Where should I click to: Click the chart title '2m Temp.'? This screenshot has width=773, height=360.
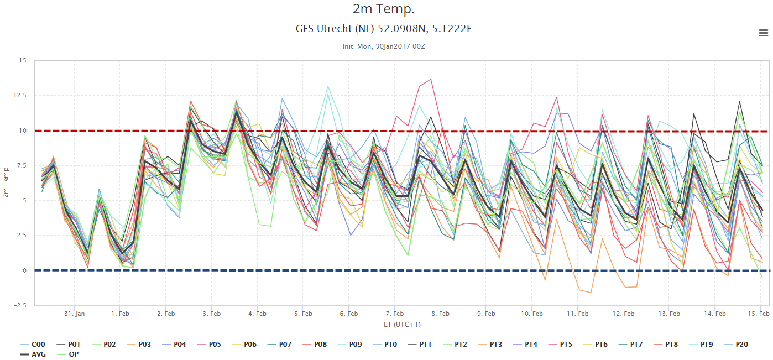pos(383,9)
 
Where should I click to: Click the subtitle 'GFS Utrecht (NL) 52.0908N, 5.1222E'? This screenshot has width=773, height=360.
pos(383,29)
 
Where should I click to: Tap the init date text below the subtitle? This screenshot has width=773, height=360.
pos(383,46)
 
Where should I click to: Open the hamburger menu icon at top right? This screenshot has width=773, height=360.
pos(764,33)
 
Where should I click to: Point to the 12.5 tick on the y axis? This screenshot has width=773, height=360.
pos(20,95)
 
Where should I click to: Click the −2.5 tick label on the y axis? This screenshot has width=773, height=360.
pos(20,305)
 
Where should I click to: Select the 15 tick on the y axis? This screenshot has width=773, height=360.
pos(23,60)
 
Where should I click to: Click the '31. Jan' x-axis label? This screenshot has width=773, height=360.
pos(74,314)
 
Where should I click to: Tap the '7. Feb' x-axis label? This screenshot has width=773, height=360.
pos(394,314)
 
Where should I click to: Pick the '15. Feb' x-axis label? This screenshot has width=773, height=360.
pos(759,314)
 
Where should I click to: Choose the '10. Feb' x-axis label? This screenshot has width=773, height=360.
pos(532,314)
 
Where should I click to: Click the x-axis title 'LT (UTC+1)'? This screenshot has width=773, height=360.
pos(402,325)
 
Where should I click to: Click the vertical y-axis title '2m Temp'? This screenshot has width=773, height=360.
pos(6,182)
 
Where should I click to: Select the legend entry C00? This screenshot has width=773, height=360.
pos(33,345)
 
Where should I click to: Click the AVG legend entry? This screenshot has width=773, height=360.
pos(33,354)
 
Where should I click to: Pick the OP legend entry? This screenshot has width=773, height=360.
pos(68,354)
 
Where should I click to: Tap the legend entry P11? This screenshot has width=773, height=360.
pos(420,345)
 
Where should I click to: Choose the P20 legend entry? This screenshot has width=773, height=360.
pos(736,345)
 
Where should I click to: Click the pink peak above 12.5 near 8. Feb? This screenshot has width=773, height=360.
pos(430,80)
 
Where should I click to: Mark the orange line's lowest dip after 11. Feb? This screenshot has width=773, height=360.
pos(591,293)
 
